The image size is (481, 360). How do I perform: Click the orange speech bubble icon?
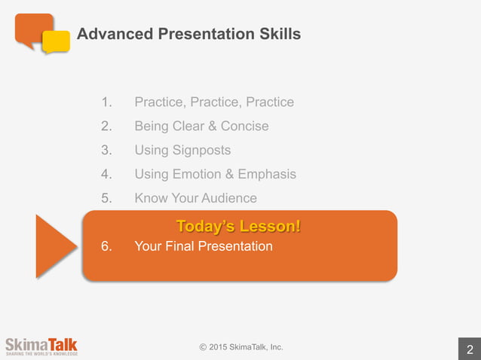32,29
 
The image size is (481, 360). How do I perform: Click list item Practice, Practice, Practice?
214,102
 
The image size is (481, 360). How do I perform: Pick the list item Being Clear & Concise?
201,126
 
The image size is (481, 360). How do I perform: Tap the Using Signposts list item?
182,150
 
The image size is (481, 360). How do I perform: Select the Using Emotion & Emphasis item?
215,174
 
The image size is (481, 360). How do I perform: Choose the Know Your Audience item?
195,198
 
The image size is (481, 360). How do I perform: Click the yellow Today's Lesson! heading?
238,225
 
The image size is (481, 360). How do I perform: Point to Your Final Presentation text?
203,246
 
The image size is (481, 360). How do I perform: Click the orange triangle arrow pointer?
54,246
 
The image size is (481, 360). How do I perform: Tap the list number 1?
106,102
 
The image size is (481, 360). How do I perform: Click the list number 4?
106,174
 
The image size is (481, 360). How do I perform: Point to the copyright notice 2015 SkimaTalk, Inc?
241,347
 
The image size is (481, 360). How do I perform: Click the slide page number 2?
470,349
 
